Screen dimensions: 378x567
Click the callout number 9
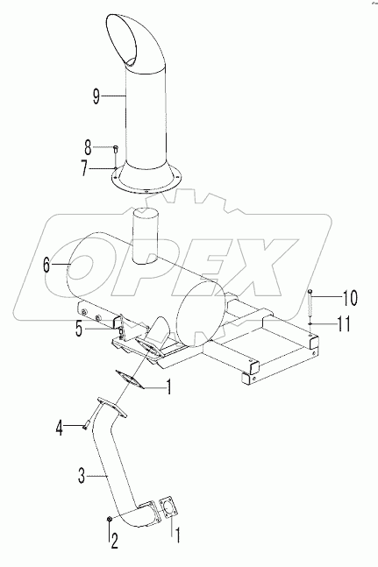click(x=96, y=96)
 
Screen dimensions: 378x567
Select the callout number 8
click(x=88, y=147)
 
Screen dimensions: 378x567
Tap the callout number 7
click(x=84, y=169)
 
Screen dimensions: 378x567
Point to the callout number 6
click(x=46, y=265)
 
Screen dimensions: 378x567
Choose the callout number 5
click(x=79, y=330)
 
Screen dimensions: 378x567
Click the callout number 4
click(x=59, y=429)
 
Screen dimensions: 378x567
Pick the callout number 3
click(x=82, y=477)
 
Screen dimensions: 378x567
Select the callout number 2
click(x=114, y=542)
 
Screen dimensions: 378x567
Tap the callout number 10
click(x=349, y=298)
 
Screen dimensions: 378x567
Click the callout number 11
click(x=344, y=323)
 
